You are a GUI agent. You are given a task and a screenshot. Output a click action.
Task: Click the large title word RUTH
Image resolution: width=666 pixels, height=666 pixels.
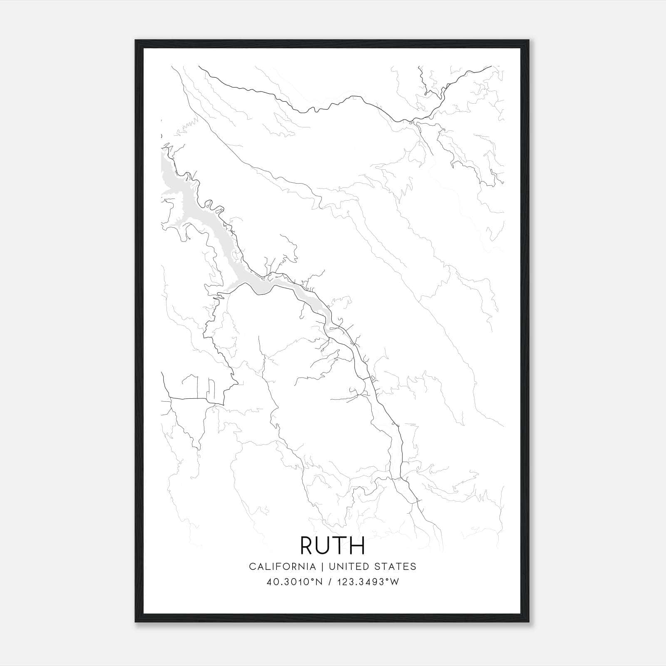click(333, 545)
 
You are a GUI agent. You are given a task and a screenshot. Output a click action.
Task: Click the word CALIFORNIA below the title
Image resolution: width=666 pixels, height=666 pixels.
click(282, 567)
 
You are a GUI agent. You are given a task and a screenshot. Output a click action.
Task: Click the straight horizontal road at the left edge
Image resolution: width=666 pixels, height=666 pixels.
click(189, 399)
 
